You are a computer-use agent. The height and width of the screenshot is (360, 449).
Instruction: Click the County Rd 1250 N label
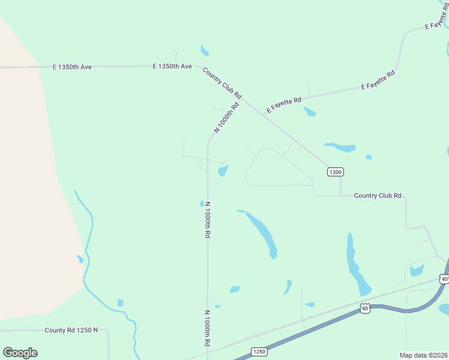(x=71, y=330)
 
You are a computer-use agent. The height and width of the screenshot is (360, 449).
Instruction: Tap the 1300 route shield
(x=335, y=172)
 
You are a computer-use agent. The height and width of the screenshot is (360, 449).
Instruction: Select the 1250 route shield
(x=259, y=351)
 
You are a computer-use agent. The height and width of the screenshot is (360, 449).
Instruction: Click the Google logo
(x=20, y=353)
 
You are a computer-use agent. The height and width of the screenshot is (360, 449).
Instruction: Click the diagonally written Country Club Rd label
(x=222, y=83)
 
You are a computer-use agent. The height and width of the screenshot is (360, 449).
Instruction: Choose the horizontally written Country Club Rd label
(x=378, y=196)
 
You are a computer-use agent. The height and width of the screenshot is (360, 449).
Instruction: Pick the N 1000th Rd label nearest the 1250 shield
(x=207, y=328)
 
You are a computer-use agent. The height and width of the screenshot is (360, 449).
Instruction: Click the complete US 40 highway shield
(x=365, y=308)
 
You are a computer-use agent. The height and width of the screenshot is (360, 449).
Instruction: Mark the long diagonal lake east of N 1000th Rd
(x=262, y=232)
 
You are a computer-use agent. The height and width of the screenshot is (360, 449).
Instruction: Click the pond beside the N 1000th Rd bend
(x=223, y=172)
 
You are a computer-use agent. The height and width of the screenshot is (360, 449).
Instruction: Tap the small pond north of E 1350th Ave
(x=205, y=50)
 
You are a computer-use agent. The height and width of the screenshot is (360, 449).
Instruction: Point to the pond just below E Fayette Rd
(x=310, y=112)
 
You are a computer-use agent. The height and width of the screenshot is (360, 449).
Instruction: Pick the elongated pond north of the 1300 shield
(x=341, y=146)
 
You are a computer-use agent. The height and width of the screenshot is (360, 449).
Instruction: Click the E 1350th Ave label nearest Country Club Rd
(x=172, y=66)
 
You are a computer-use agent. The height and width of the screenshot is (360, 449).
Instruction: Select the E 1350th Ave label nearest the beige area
(x=73, y=67)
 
